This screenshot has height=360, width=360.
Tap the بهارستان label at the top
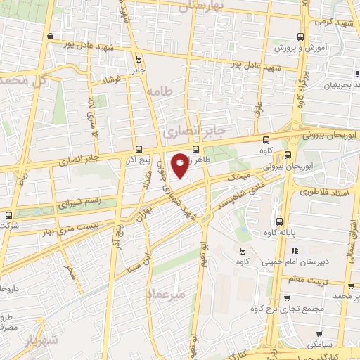(x=201, y=6)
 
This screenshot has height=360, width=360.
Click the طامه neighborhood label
(x=160, y=91)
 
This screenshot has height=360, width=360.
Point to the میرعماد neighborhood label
(x=167, y=294)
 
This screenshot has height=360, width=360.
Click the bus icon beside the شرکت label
(x=8, y=215)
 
